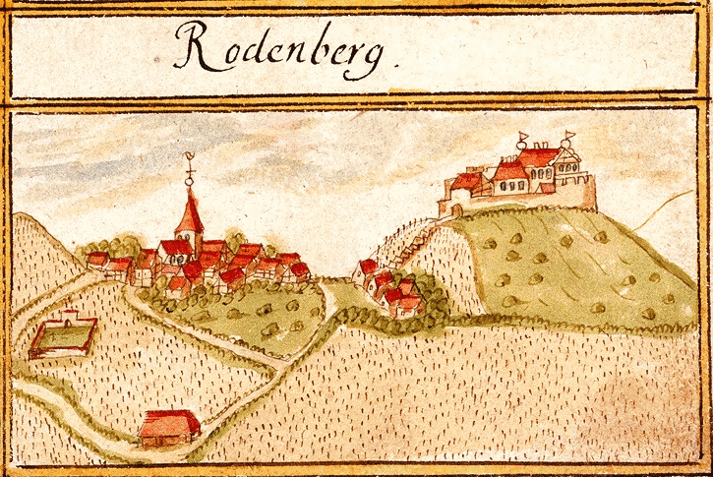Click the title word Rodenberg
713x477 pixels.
pyautogui.click(x=285, y=49)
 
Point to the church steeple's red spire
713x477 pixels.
pyautogui.click(x=191, y=211)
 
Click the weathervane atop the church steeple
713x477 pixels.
pyautogui.click(x=190, y=168)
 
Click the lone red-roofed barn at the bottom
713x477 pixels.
pyautogui.click(x=169, y=426)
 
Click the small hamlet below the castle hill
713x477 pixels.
pyautogui.click(x=390, y=290)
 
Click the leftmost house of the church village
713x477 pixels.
pyautogui.click(x=96, y=261)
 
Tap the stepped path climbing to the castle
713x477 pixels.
pyautogui.click(x=417, y=236)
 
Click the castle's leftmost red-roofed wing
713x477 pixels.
pyautogui.click(x=466, y=182)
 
